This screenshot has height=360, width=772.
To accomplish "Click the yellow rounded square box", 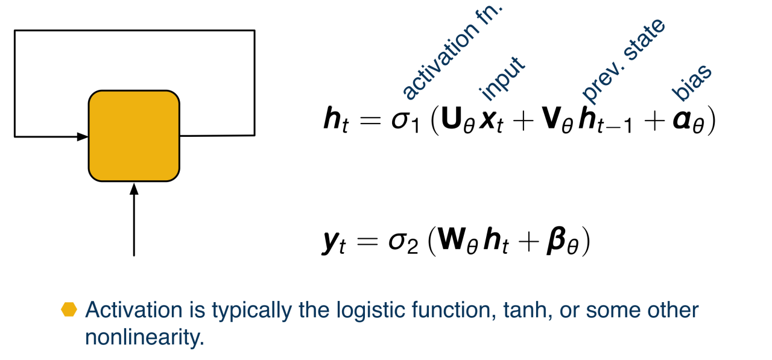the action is coord(134,136).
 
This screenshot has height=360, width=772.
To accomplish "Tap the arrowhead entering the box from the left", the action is coord(83,137).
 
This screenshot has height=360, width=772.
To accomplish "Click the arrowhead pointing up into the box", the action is coord(134,189).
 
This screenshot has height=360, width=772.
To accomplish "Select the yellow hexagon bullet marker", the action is coord(69,309).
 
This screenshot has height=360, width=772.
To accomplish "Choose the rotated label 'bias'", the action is coord(691,83).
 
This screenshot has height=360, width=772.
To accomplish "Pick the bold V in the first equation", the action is coord(551,118).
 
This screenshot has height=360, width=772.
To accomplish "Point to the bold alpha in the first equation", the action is coord(682,121).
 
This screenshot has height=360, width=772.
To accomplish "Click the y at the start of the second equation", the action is coord(331,243).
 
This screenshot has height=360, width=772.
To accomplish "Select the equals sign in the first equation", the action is coord(370,121).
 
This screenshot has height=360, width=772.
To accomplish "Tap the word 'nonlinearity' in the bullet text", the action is coord(142,337).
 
